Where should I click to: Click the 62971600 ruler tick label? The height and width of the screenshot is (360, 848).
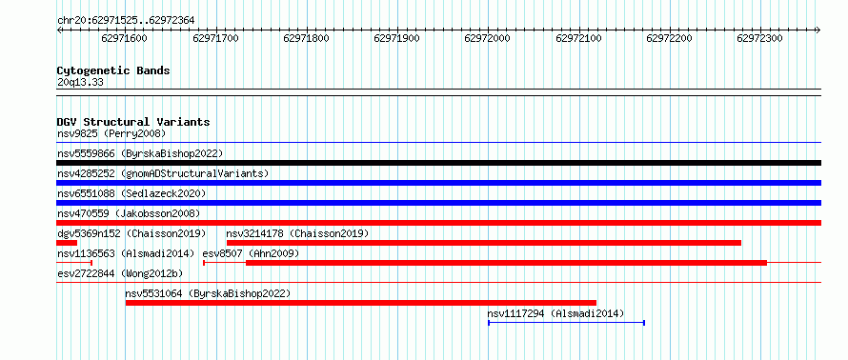point(124,38)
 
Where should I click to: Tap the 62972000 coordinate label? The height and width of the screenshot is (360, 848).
point(487,38)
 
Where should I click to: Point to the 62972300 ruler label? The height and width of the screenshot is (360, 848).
point(759,38)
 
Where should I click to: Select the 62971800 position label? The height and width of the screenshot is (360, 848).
point(306,38)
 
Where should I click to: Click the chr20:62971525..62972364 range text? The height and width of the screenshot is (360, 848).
point(126,21)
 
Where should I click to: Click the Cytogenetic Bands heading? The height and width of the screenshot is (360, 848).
point(113,70)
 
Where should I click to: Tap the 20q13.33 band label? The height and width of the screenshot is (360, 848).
point(80,83)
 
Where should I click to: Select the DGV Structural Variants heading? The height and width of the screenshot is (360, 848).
point(133,122)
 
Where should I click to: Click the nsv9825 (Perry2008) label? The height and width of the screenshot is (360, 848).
point(111,133)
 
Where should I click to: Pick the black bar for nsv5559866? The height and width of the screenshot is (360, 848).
point(439,163)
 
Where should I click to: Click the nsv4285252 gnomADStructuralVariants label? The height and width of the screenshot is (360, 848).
point(163,173)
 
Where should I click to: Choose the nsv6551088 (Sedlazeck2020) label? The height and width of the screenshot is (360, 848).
point(131,193)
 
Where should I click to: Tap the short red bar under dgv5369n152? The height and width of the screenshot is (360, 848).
point(67,243)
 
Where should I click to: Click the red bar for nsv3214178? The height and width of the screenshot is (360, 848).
point(484,243)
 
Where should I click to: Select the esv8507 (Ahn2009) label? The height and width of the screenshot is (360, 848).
point(251,253)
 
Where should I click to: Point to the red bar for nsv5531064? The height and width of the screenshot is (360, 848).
point(361,303)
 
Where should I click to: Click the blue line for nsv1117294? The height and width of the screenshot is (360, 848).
point(566,323)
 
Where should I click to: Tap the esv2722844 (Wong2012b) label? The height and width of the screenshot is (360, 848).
point(120,273)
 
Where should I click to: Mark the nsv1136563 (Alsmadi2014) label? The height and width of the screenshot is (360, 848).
point(126,253)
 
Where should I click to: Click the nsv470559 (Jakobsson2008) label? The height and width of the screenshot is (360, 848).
point(129,213)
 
